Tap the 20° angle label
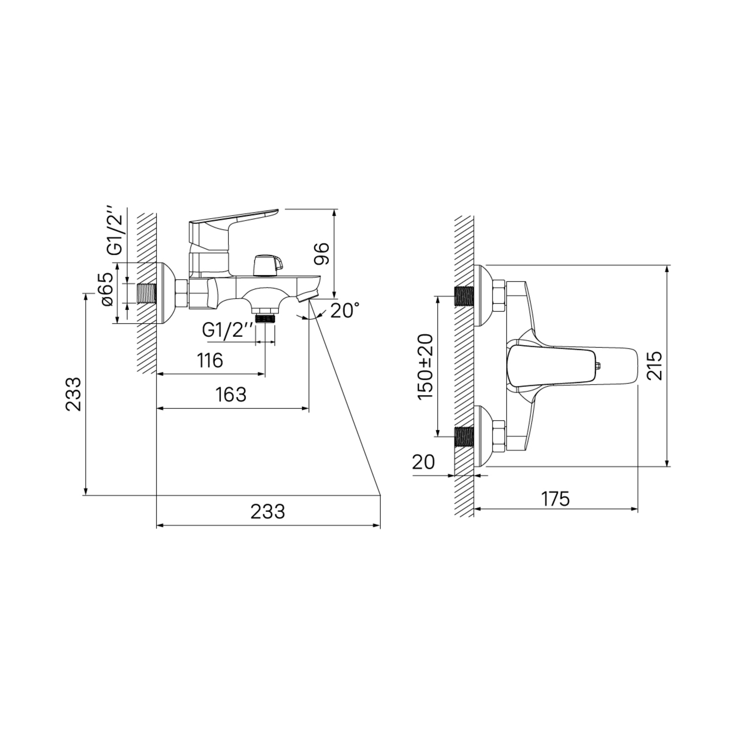click(x=345, y=310)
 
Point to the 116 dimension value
click(x=210, y=361)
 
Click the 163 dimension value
click(x=231, y=394)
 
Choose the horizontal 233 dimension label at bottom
click(x=267, y=511)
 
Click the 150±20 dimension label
click(x=425, y=366)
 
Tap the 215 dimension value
click(x=654, y=365)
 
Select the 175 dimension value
click(x=555, y=499)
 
